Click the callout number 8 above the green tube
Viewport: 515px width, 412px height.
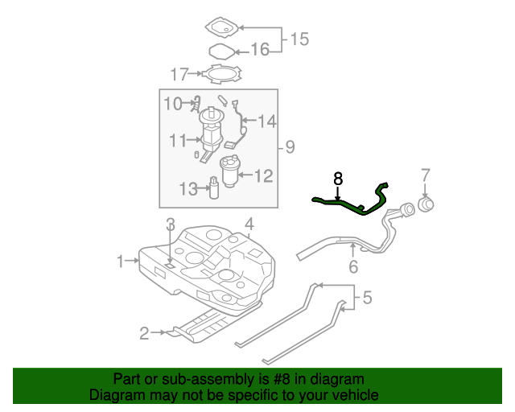[338, 178]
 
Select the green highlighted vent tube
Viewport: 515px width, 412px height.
[345, 206]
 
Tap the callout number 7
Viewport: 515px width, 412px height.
[426, 175]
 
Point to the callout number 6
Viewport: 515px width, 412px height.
[352, 267]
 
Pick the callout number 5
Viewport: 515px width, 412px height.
[367, 299]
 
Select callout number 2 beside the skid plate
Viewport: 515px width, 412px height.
[145, 332]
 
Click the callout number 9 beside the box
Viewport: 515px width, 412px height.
[290, 146]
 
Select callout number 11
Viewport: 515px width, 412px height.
[179, 140]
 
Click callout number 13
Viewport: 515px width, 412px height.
[187, 189]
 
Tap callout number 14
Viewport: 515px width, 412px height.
[266, 122]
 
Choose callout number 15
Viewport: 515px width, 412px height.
[299, 38]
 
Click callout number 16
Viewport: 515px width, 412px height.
[259, 51]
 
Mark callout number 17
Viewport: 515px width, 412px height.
[179, 75]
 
